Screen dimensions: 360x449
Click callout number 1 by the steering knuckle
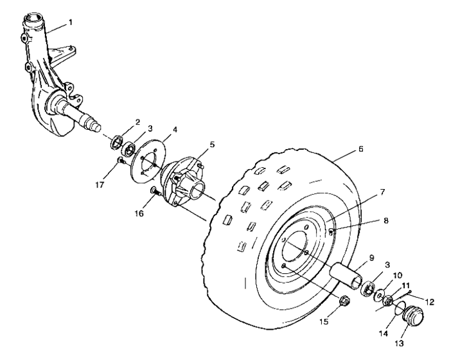71,22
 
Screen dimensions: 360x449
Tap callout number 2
137,122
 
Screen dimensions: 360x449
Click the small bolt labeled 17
120,160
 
